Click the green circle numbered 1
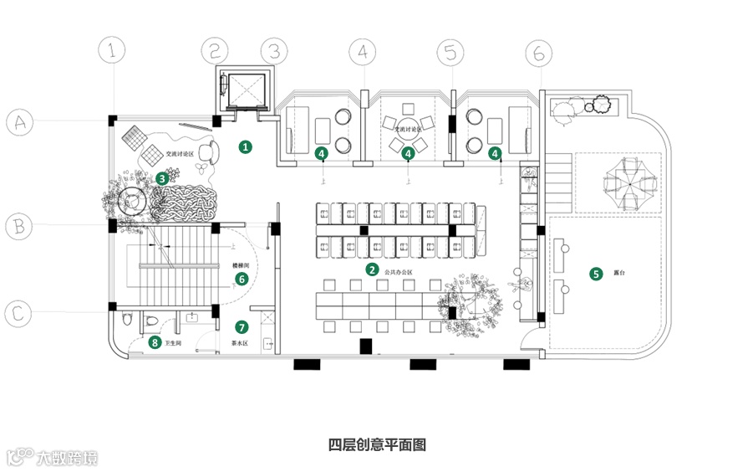click(x=245, y=146)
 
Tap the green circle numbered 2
click(x=372, y=269)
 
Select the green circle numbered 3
click(x=161, y=177)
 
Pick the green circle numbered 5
click(x=596, y=273)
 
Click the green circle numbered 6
click(x=242, y=279)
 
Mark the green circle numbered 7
click(x=242, y=326)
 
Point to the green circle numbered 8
click(x=154, y=342)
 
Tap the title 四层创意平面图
click(x=377, y=444)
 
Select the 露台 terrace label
click(x=619, y=274)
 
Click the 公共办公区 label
click(x=399, y=273)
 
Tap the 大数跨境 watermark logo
click(x=52, y=458)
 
